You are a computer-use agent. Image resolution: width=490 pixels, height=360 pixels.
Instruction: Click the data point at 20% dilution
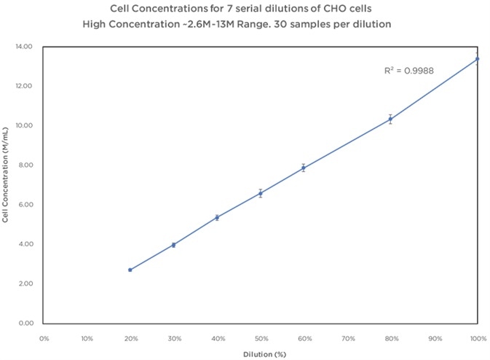click(130, 270)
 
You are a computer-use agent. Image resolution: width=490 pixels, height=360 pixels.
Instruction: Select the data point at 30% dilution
click(173, 245)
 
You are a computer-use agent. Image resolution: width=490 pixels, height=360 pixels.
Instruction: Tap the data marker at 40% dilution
click(217, 217)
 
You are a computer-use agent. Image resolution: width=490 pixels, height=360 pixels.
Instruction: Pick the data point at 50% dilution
click(261, 193)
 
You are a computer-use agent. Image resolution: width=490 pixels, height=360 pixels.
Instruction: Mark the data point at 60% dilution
click(304, 168)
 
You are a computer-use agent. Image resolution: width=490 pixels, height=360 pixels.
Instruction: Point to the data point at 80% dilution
click(390, 119)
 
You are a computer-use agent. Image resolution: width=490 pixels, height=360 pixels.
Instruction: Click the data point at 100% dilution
click(477, 59)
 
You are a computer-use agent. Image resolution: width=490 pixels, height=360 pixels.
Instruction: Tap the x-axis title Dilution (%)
click(261, 353)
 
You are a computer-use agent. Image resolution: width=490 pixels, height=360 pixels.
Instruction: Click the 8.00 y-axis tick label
click(25, 165)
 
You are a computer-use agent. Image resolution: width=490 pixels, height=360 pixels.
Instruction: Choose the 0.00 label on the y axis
click(25, 323)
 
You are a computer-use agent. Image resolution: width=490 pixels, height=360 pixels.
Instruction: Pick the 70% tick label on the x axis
click(348, 338)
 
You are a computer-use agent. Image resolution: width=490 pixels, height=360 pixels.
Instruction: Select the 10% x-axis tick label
click(87, 338)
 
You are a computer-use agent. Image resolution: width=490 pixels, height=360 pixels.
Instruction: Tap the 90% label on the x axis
click(435, 338)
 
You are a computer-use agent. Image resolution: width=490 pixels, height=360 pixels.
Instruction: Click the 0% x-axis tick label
click(44, 338)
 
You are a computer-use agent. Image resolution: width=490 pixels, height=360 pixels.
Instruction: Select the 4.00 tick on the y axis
click(25, 244)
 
